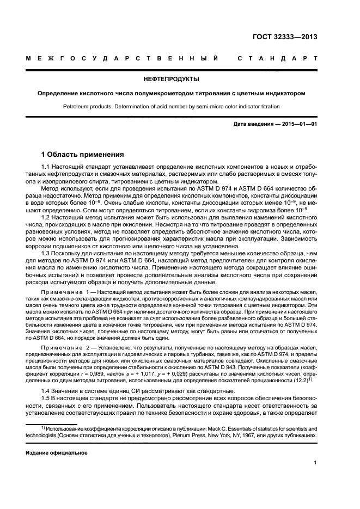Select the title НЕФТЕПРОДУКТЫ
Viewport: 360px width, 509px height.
[x=180, y=79]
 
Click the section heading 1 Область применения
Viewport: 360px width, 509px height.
[x=82, y=155]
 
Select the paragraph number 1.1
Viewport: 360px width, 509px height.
[x=46, y=167]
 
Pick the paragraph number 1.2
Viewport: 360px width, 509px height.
[x=46, y=218]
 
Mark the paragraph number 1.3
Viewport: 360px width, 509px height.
[x=46, y=254]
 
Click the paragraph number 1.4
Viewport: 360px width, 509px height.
[x=46, y=391]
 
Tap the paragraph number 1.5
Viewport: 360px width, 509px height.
[x=46, y=399]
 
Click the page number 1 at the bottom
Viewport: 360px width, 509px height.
[x=315, y=463]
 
